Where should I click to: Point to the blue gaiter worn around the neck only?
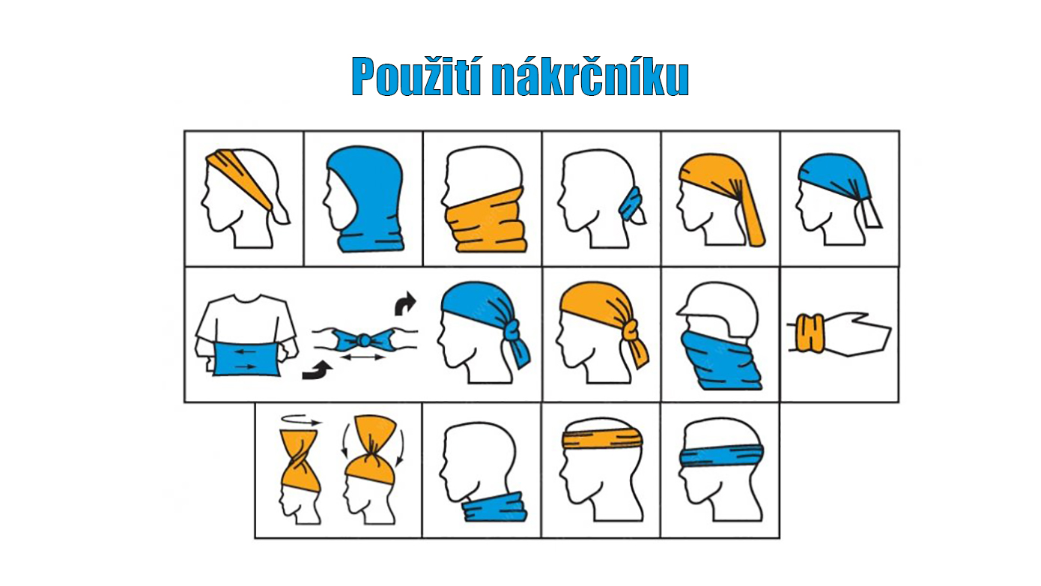[494, 508]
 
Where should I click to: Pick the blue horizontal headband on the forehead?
[721, 454]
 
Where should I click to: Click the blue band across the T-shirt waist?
[244, 358]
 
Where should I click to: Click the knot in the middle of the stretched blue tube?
[364, 340]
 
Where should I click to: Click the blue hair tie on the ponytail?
[633, 201]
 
